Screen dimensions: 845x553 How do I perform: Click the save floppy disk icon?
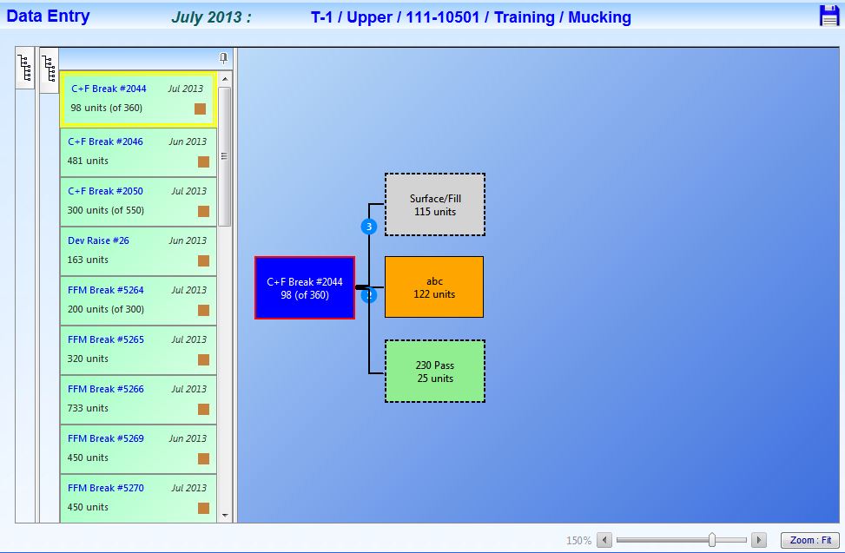[828, 15]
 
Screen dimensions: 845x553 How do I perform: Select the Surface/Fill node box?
[435, 205]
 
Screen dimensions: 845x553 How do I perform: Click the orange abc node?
[434, 287]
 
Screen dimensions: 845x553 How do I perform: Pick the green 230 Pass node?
[435, 371]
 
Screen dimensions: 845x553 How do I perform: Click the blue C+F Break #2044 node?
[305, 288]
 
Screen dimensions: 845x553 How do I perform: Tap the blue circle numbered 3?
[368, 227]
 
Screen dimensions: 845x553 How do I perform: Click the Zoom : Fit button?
[810, 539]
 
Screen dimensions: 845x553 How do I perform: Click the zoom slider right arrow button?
[758, 539]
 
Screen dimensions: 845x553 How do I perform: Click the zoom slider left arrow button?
[604, 539]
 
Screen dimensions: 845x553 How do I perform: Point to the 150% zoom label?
[578, 540]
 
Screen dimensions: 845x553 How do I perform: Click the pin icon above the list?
[223, 58]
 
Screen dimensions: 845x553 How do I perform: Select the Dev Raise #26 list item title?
[98, 240]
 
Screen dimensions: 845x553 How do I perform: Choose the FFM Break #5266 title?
[106, 389]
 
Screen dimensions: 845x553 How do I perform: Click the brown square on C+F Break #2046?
[203, 161]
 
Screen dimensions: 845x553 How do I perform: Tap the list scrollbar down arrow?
[225, 516]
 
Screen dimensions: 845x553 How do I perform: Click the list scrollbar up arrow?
[225, 79]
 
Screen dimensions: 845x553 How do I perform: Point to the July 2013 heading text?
[211, 17]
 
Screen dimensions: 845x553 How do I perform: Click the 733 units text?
[88, 408]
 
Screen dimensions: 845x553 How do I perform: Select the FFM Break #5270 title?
[106, 488]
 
